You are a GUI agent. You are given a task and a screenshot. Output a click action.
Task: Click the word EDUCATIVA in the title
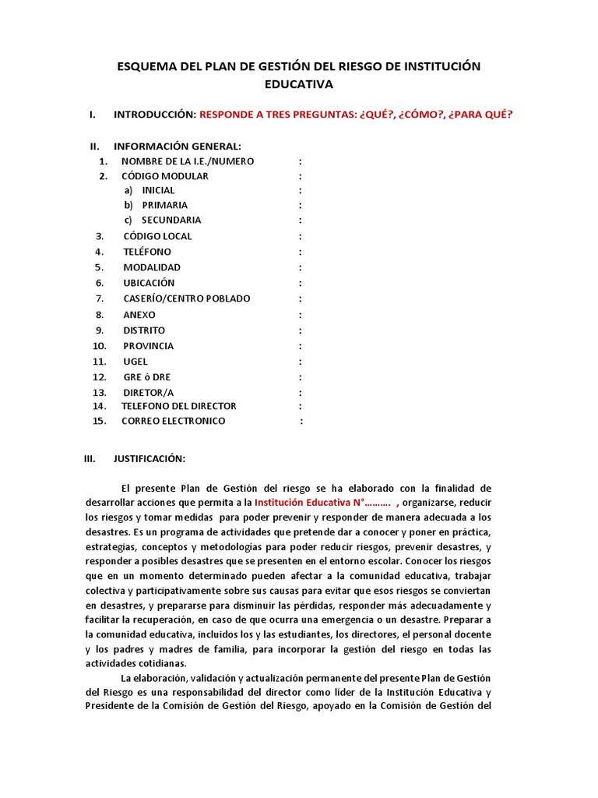click(x=299, y=83)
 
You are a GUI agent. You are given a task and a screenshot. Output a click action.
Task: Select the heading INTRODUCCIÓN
click(x=154, y=115)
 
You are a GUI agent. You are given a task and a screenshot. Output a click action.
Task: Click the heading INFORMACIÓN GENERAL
click(x=178, y=147)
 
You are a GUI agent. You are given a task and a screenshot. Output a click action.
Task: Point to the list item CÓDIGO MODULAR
click(x=165, y=176)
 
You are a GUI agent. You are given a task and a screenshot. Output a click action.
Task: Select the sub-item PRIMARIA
click(x=164, y=205)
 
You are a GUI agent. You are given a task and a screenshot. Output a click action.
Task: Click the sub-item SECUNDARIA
click(x=171, y=221)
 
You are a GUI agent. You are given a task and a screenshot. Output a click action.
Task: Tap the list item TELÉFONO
click(x=146, y=252)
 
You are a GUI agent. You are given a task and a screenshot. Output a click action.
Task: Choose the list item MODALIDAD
click(x=151, y=267)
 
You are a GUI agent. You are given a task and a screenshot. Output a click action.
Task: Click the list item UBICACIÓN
click(x=149, y=283)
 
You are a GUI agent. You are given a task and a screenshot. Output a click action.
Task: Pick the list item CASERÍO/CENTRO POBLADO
click(x=186, y=298)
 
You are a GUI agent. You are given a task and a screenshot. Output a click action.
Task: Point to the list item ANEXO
click(x=139, y=315)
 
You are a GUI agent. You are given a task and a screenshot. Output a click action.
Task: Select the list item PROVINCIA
click(x=148, y=346)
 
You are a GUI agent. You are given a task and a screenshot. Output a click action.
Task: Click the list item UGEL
click(x=135, y=362)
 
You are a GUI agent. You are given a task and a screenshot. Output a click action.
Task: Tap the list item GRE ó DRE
click(x=146, y=377)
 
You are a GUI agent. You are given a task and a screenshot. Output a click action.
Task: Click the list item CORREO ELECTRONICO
click(x=173, y=421)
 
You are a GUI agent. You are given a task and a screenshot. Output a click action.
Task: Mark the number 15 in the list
click(x=98, y=421)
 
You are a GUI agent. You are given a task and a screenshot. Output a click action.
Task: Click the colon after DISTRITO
click(x=301, y=330)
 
